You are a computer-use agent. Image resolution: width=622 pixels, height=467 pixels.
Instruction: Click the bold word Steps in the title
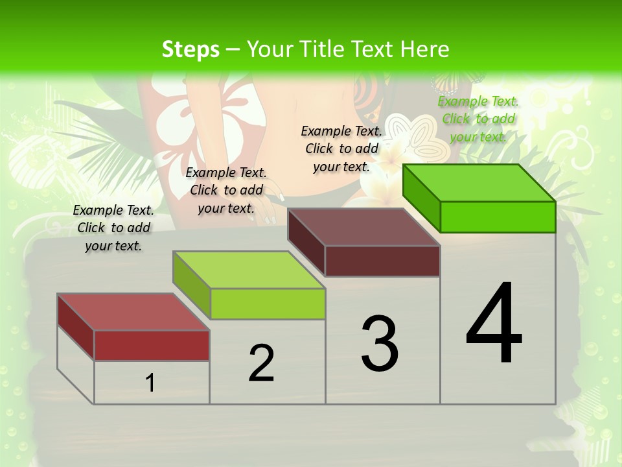[190, 49]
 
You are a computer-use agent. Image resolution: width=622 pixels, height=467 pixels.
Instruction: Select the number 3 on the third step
[380, 343]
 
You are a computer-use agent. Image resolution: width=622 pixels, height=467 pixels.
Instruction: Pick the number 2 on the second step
[261, 363]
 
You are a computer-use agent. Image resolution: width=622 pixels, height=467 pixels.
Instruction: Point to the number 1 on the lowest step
[150, 383]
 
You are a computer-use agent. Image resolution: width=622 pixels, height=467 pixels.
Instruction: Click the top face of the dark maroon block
[363, 227]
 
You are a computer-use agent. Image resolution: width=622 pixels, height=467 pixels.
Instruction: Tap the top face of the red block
[133, 312]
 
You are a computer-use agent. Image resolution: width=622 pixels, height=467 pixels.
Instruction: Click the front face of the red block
[152, 345]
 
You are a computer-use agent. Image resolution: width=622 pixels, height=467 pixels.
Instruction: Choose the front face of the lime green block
[267, 304]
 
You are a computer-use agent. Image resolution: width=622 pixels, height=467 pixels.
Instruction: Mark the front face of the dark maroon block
[382, 261]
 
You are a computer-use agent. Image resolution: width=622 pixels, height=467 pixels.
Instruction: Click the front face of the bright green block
[497, 217]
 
